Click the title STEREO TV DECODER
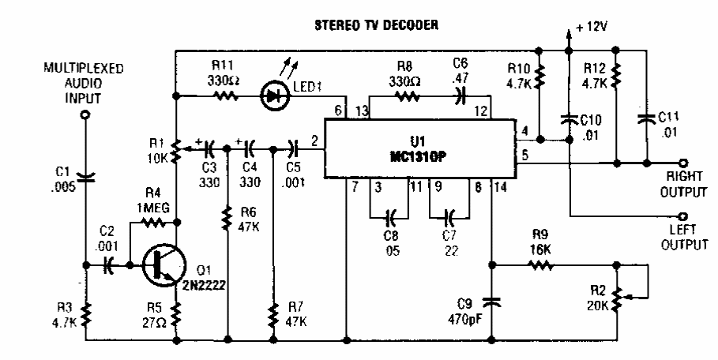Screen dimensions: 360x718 372,25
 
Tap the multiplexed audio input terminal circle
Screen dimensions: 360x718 86,115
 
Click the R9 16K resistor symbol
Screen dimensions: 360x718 542,267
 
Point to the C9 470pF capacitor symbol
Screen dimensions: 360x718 492,301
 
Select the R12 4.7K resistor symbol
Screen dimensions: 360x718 616,76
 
